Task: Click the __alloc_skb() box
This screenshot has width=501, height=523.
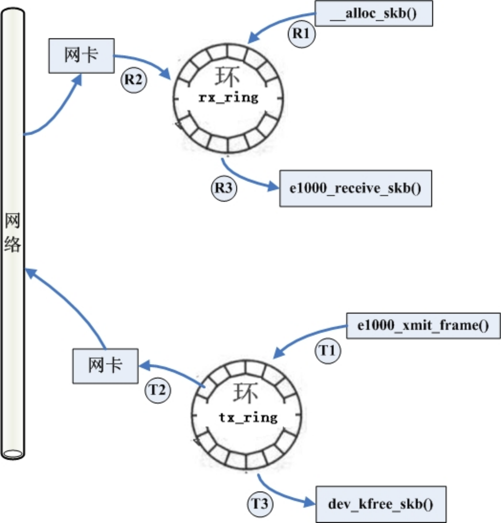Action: click(374, 13)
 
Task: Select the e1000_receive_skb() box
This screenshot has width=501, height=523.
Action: click(356, 189)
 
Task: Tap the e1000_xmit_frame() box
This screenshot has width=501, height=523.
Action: click(423, 326)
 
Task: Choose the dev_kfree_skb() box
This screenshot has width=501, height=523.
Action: click(381, 504)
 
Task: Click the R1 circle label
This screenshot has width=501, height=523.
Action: click(302, 34)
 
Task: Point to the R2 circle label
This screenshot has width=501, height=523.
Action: click(134, 80)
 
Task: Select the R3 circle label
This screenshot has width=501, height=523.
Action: click(224, 188)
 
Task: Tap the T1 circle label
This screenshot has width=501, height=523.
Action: click(328, 351)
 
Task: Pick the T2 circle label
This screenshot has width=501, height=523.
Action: click(158, 390)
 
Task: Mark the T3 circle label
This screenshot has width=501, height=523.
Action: click(260, 504)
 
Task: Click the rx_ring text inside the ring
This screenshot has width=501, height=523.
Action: click(229, 98)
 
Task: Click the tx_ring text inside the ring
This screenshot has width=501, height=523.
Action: click(248, 417)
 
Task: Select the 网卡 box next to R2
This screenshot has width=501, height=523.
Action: click(81, 56)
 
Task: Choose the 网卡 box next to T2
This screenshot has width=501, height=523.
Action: click(105, 366)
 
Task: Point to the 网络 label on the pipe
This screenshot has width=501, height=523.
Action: click(13, 232)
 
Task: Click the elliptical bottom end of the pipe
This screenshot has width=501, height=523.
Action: click(13, 454)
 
